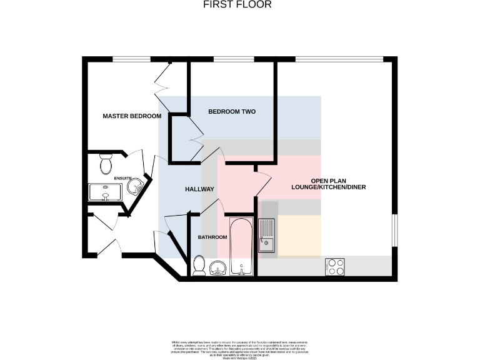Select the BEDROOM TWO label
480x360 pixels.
(x=232, y=112)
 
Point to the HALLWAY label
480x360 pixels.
(x=199, y=189)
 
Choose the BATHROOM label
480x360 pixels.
(x=212, y=237)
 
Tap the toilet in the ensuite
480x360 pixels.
(x=106, y=165)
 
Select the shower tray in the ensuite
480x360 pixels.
(x=105, y=193)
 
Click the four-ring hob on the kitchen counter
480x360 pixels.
(x=335, y=267)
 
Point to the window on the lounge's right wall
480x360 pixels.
(x=394, y=230)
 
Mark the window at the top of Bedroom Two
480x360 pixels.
(x=234, y=60)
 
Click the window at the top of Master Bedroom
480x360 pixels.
(x=131, y=60)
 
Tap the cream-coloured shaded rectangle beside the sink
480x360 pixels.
(x=299, y=236)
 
